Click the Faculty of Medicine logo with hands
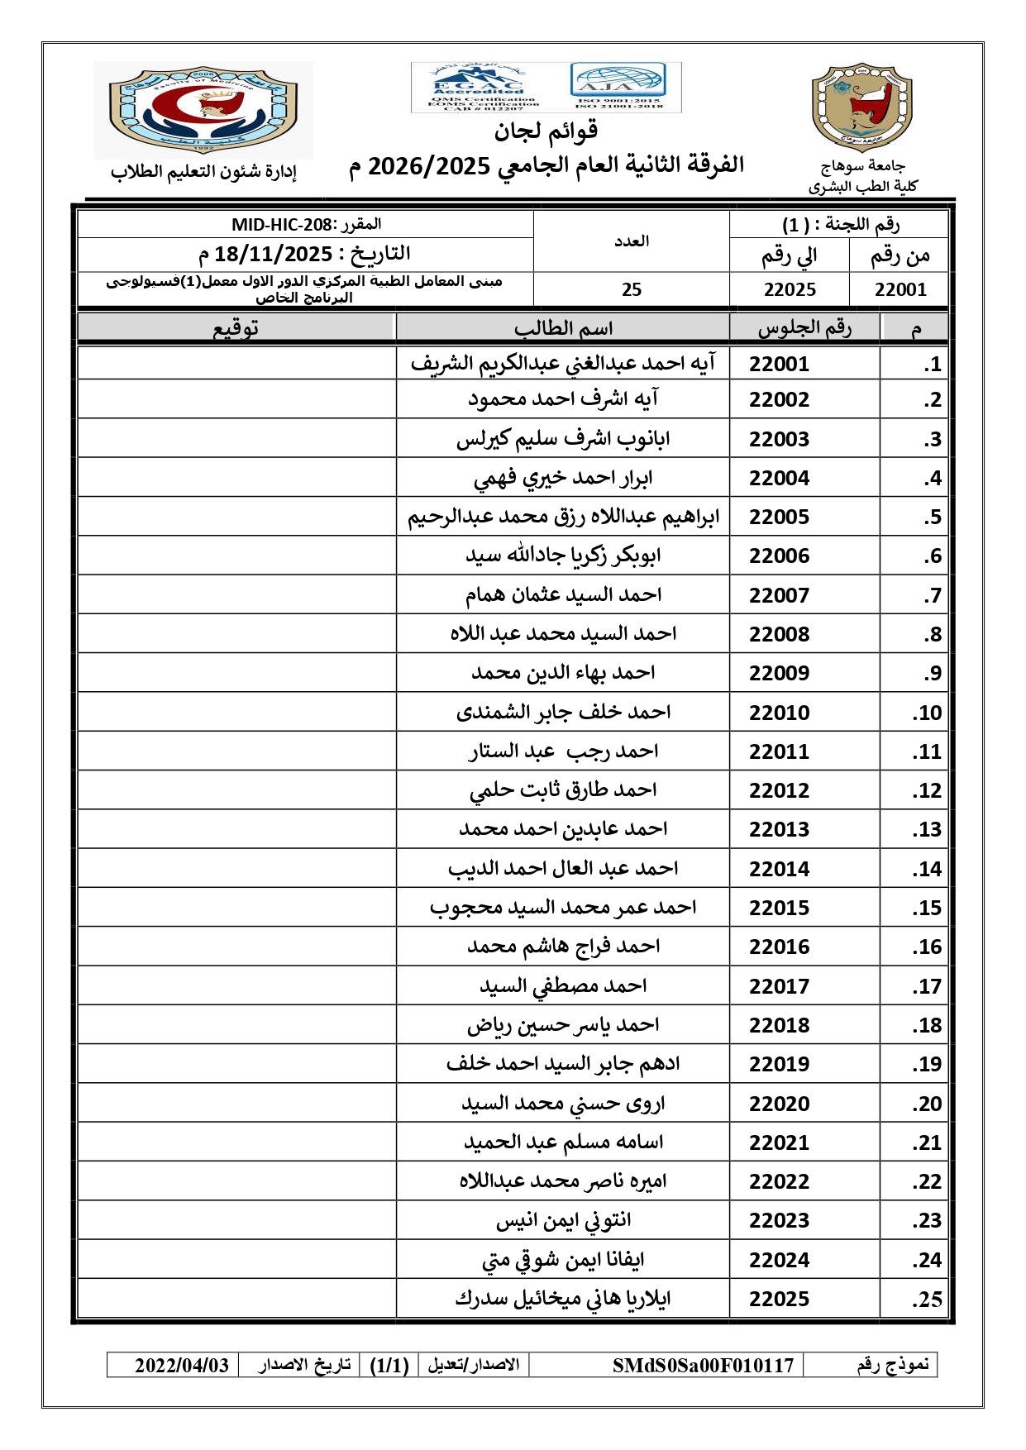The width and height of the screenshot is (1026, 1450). pyautogui.click(x=203, y=109)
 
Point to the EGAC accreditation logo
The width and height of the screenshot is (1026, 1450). pyautogui.click(x=478, y=87)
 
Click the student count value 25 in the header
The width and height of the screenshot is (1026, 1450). pyautogui.click(x=632, y=289)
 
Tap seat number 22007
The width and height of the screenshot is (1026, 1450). pyautogui.click(x=779, y=595)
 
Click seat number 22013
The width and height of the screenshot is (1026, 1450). pyautogui.click(x=779, y=829)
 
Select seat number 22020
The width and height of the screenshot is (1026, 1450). pyautogui.click(x=779, y=1104)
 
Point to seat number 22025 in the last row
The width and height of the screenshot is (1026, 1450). pyautogui.click(x=779, y=1299)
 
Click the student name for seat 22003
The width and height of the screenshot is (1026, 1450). pyautogui.click(x=563, y=439)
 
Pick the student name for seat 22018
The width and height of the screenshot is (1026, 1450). pyautogui.click(x=563, y=1025)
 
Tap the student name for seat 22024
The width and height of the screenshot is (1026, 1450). pyautogui.click(x=563, y=1260)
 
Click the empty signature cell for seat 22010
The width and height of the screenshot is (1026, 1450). pyautogui.click(x=236, y=712)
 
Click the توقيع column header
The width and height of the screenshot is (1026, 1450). pyautogui.click(x=236, y=328)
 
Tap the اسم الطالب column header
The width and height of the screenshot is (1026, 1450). pyautogui.click(x=563, y=328)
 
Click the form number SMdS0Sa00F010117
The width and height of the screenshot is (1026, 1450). pyautogui.click(x=703, y=1365)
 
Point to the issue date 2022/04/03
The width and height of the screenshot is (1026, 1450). pyautogui.click(x=182, y=1365)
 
